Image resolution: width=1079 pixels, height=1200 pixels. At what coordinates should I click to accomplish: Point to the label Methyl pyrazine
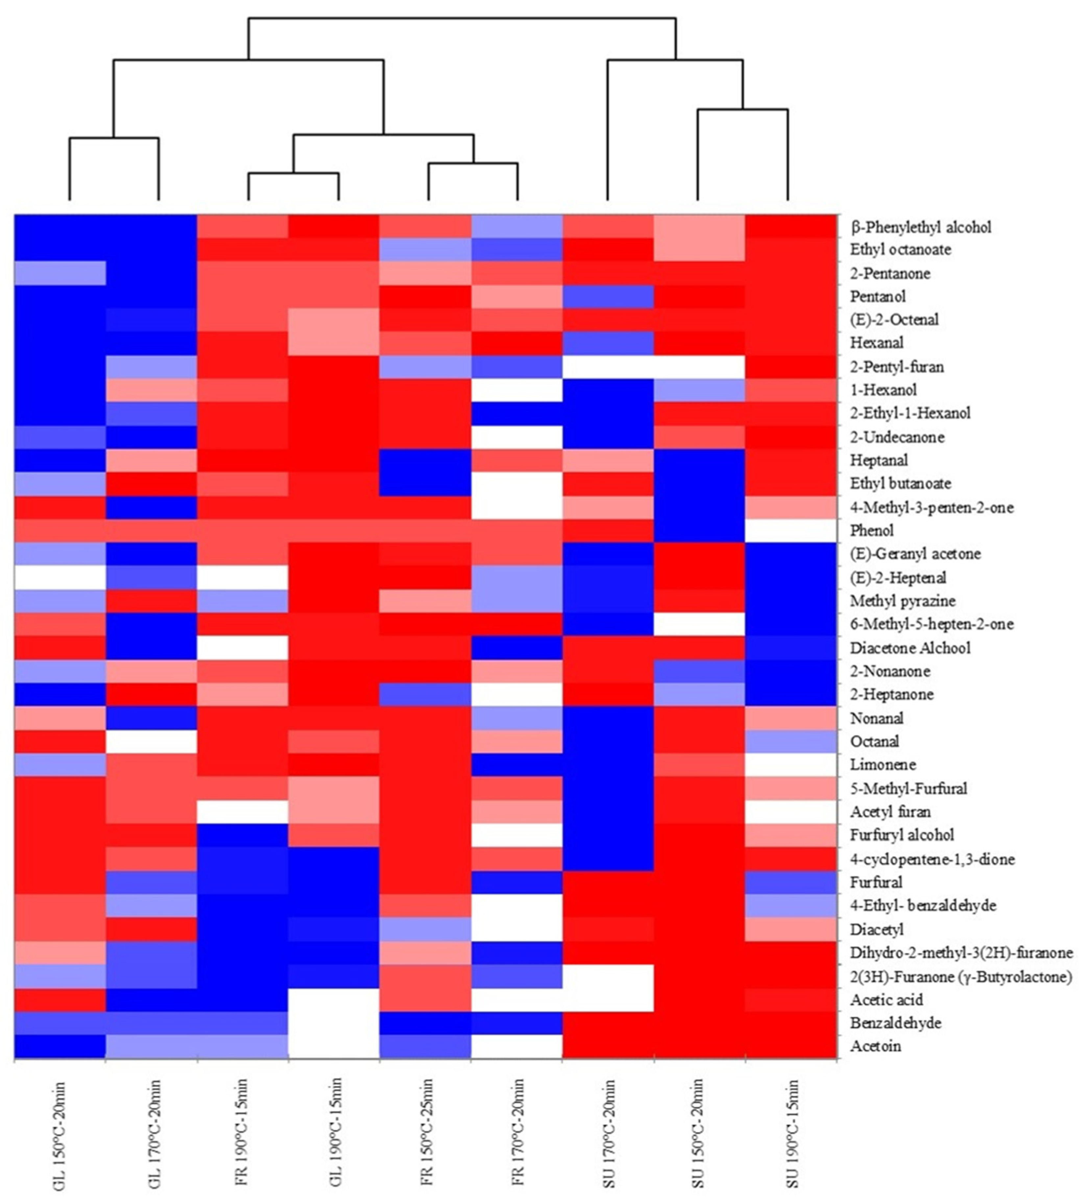point(902,601)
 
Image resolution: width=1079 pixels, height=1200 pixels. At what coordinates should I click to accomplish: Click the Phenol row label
point(872,530)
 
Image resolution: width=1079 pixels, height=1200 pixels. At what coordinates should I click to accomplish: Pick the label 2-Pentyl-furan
point(897,367)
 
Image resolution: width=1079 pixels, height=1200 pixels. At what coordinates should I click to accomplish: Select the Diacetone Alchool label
point(910,647)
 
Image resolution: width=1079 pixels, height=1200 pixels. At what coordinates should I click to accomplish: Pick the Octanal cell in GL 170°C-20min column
point(151,741)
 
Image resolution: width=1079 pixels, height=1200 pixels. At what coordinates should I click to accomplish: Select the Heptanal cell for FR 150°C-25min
point(425,460)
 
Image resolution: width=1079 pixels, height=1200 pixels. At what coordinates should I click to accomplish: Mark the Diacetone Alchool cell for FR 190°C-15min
point(243,647)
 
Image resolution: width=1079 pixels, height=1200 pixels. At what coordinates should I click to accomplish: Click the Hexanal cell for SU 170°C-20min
point(608,343)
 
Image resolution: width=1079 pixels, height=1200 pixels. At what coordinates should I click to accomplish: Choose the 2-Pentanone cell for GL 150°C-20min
point(60,273)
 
